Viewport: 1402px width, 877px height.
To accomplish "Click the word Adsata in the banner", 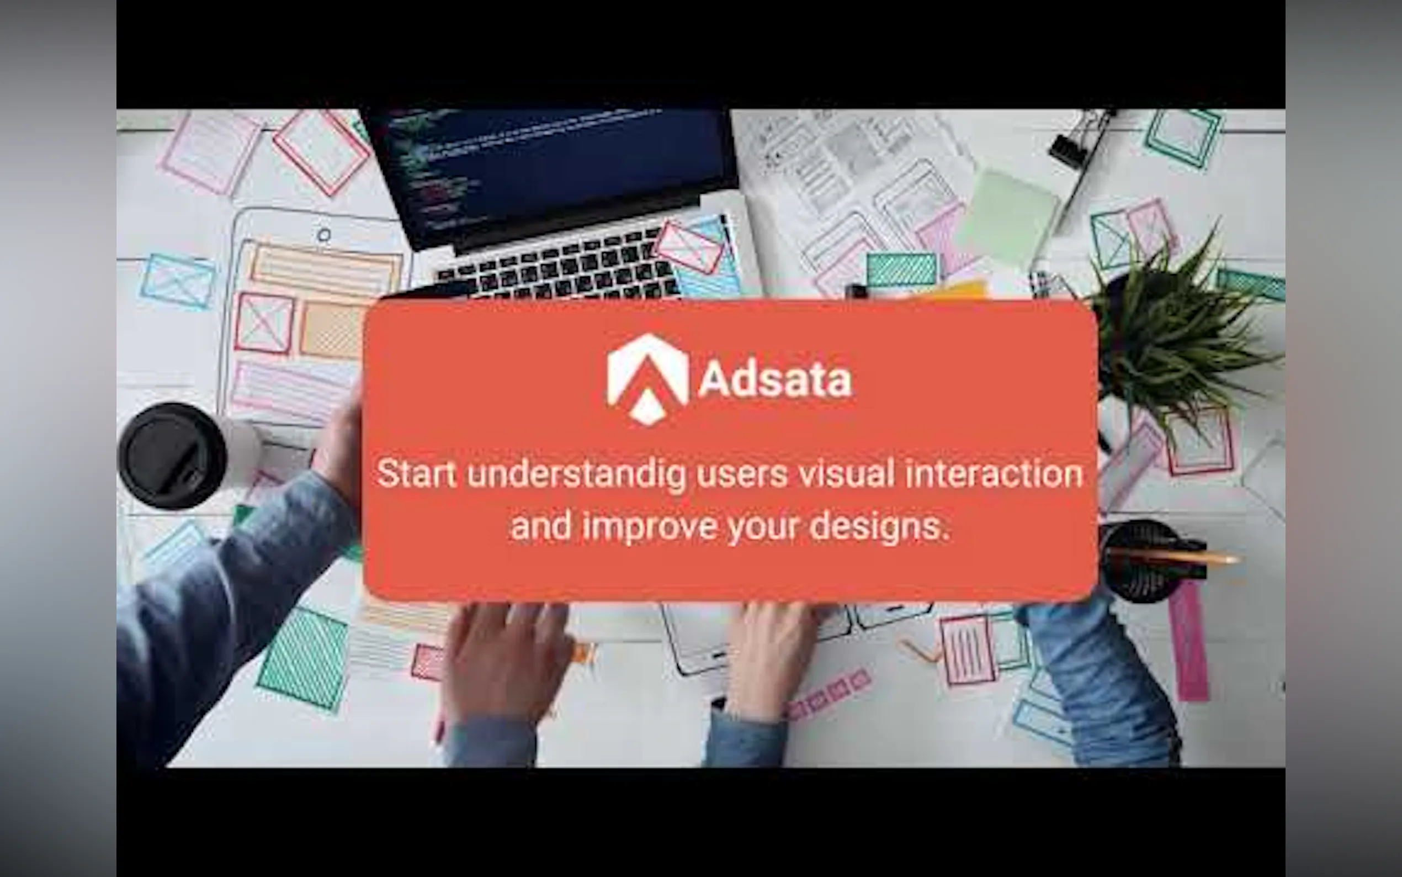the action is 775,381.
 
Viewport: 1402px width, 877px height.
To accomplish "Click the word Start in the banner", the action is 416,474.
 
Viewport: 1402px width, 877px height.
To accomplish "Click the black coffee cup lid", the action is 172,456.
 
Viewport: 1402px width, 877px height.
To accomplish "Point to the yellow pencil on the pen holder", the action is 1177,557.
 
